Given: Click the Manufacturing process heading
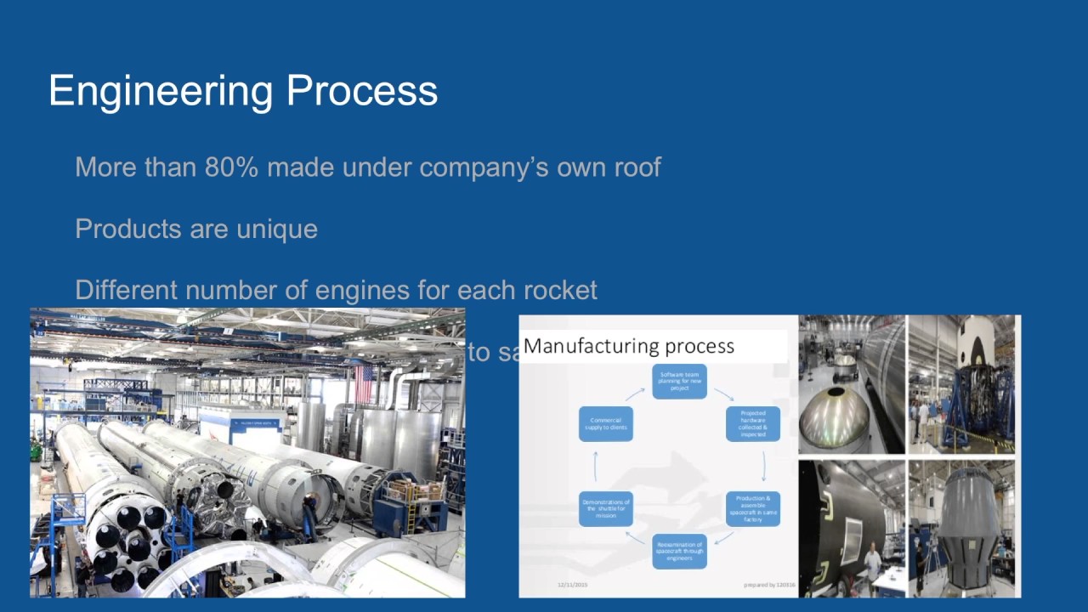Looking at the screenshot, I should [629, 346].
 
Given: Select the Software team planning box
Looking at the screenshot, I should [679, 382].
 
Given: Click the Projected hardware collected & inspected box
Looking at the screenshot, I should [752, 423].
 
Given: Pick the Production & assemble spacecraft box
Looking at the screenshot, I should [752, 508].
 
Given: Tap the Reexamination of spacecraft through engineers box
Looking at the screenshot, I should [679, 551].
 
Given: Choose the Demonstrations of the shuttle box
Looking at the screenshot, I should [606, 508].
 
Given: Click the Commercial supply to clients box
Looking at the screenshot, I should [606, 423].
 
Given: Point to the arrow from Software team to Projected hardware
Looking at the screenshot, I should [723, 394].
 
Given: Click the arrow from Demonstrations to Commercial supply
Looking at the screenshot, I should [596, 466].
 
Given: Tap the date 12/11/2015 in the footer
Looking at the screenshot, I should [572, 585].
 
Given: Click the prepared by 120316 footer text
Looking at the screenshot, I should [768, 585].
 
